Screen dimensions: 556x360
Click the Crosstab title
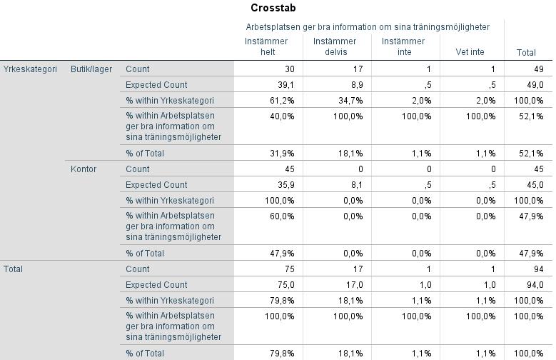click(x=273, y=8)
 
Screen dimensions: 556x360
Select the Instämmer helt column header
click(x=266, y=46)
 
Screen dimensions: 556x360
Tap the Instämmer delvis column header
click(x=335, y=46)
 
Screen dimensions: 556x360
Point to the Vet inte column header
click(x=470, y=52)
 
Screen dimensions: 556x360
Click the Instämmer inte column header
click(x=403, y=46)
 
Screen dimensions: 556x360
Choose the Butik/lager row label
click(x=91, y=69)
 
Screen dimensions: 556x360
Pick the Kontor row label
click(x=84, y=169)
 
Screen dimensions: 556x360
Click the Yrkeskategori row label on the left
click(x=30, y=69)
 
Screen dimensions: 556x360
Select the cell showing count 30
click(x=290, y=69)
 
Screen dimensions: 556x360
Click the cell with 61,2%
click(x=282, y=101)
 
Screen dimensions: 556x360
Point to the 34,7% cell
click(x=350, y=101)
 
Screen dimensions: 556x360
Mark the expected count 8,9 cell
click(x=356, y=85)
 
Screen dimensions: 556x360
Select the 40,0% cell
click(x=282, y=116)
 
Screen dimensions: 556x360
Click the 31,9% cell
click(x=282, y=154)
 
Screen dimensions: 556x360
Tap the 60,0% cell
click(x=282, y=216)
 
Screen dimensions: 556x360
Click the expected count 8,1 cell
click(x=356, y=184)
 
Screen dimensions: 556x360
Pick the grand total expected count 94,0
click(x=535, y=285)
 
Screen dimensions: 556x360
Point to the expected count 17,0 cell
click(x=355, y=285)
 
